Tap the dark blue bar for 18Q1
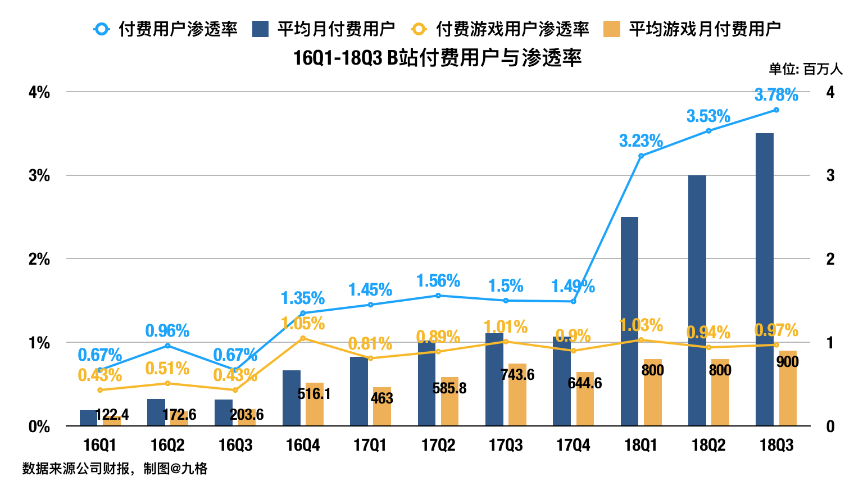pos(629,321)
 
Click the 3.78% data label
pos(776,95)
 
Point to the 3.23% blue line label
pos(640,140)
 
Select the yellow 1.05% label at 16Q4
pos(303,323)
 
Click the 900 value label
pos(787,362)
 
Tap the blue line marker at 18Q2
pos(708,131)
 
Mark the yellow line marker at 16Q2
pos(167,383)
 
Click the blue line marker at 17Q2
pos(438,296)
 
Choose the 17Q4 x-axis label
pos(573,446)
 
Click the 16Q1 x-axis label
pos(99,446)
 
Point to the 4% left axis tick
pos(39,92)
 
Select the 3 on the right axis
pos(830,175)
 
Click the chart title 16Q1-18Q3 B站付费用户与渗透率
pos(437,58)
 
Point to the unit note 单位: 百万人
pos(806,69)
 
